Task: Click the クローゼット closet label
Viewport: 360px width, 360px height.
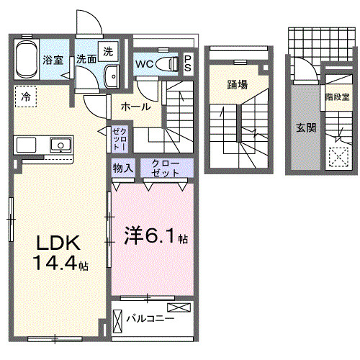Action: click(x=166, y=168)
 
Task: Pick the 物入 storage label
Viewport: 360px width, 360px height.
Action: click(x=123, y=168)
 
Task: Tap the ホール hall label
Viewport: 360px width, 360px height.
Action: click(x=135, y=107)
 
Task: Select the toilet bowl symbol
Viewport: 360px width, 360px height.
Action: click(x=169, y=63)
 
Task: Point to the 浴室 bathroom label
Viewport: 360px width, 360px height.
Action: click(x=53, y=60)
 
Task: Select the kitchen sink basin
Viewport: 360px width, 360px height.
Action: click(x=60, y=145)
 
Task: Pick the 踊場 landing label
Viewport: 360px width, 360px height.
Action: click(x=237, y=84)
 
